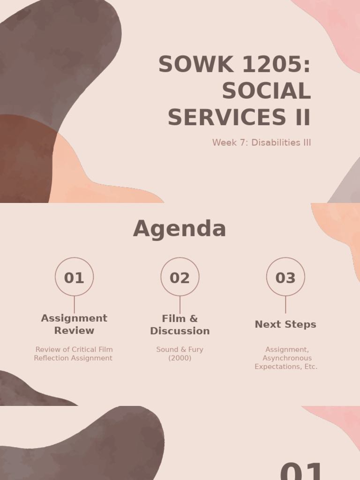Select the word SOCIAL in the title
pos(266,91)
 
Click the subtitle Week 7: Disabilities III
pos(262,142)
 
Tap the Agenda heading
pos(180,229)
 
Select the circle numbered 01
pos(74,277)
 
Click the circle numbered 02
pos(180,277)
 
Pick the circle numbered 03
pos(285,277)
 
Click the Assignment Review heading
pos(74,324)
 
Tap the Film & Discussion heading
pos(180,325)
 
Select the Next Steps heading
pos(285,324)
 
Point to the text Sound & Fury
pos(180,350)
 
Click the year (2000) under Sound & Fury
pos(180,358)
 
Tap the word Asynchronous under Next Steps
pos(287,358)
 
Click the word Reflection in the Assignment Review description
pos(52,358)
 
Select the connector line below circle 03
pos(285,305)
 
